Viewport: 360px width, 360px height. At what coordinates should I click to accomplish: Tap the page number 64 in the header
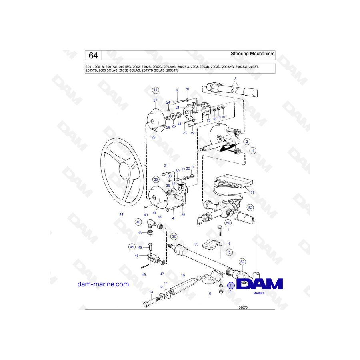[x=93, y=56]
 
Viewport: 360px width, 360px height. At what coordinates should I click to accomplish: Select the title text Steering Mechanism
[x=252, y=54]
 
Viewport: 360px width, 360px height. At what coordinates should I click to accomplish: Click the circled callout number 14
[x=156, y=90]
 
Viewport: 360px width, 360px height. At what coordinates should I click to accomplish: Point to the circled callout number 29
[x=156, y=180]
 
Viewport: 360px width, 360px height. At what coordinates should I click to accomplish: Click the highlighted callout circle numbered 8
[x=230, y=286]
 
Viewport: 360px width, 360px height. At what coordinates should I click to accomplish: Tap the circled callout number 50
[x=228, y=223]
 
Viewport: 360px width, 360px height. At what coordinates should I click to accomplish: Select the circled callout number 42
[x=138, y=222]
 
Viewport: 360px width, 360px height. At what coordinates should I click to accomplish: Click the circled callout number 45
[x=132, y=247]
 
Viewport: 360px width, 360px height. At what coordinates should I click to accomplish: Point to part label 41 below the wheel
[x=121, y=214]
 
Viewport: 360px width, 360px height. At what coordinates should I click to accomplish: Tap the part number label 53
[x=196, y=244]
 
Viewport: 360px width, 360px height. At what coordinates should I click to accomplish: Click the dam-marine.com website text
[x=103, y=284]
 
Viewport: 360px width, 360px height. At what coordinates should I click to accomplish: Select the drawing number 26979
[x=243, y=308]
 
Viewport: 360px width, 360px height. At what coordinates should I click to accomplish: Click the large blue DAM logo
[x=260, y=284]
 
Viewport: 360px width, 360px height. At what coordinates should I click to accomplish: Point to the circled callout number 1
[x=253, y=151]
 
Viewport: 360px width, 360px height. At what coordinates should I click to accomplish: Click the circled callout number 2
[x=247, y=142]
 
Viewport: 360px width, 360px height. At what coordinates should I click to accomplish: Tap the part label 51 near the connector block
[x=252, y=192]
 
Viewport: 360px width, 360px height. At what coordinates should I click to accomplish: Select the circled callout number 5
[x=229, y=252]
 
